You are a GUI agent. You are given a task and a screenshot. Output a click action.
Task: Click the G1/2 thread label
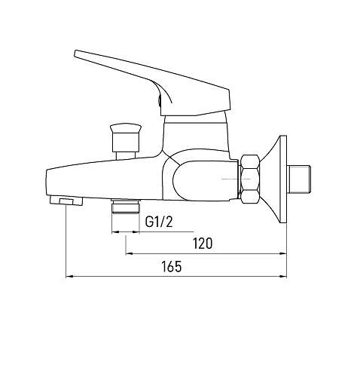click(159, 222)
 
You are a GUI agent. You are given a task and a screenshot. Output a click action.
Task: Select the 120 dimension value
click(203, 244)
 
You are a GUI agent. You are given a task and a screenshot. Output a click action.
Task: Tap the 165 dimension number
click(171, 267)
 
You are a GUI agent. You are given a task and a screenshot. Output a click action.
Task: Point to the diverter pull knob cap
click(126, 128)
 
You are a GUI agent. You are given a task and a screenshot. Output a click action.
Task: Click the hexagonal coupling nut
click(249, 179)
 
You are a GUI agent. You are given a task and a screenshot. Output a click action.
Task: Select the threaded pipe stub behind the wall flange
click(300, 179)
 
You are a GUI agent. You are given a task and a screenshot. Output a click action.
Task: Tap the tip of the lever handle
click(76, 54)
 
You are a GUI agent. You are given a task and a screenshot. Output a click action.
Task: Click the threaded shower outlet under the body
click(126, 206)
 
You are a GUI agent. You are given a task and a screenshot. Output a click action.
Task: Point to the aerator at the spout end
click(66, 201)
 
